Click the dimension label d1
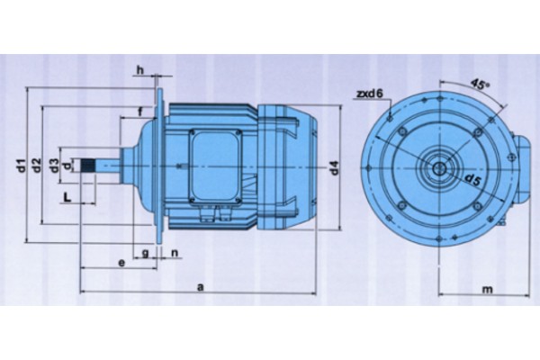tap(22, 166)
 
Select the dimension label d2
tap(37, 166)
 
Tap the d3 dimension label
tap(54, 166)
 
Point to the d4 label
tap(335, 167)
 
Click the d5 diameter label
tap(472, 180)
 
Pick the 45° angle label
tap(480, 85)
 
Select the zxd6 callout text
tap(369, 94)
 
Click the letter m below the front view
tap(487, 290)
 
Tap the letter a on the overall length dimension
tap(201, 286)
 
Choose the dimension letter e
tap(121, 263)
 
